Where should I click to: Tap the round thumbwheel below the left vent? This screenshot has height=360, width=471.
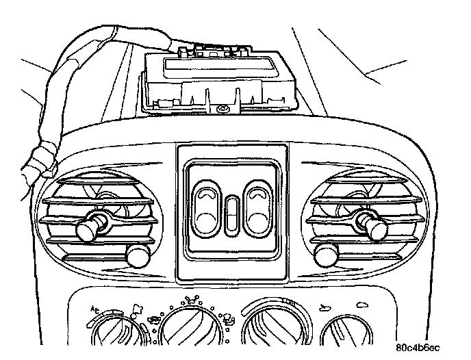(x=138, y=257)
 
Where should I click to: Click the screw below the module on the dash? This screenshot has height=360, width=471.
(x=222, y=110)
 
